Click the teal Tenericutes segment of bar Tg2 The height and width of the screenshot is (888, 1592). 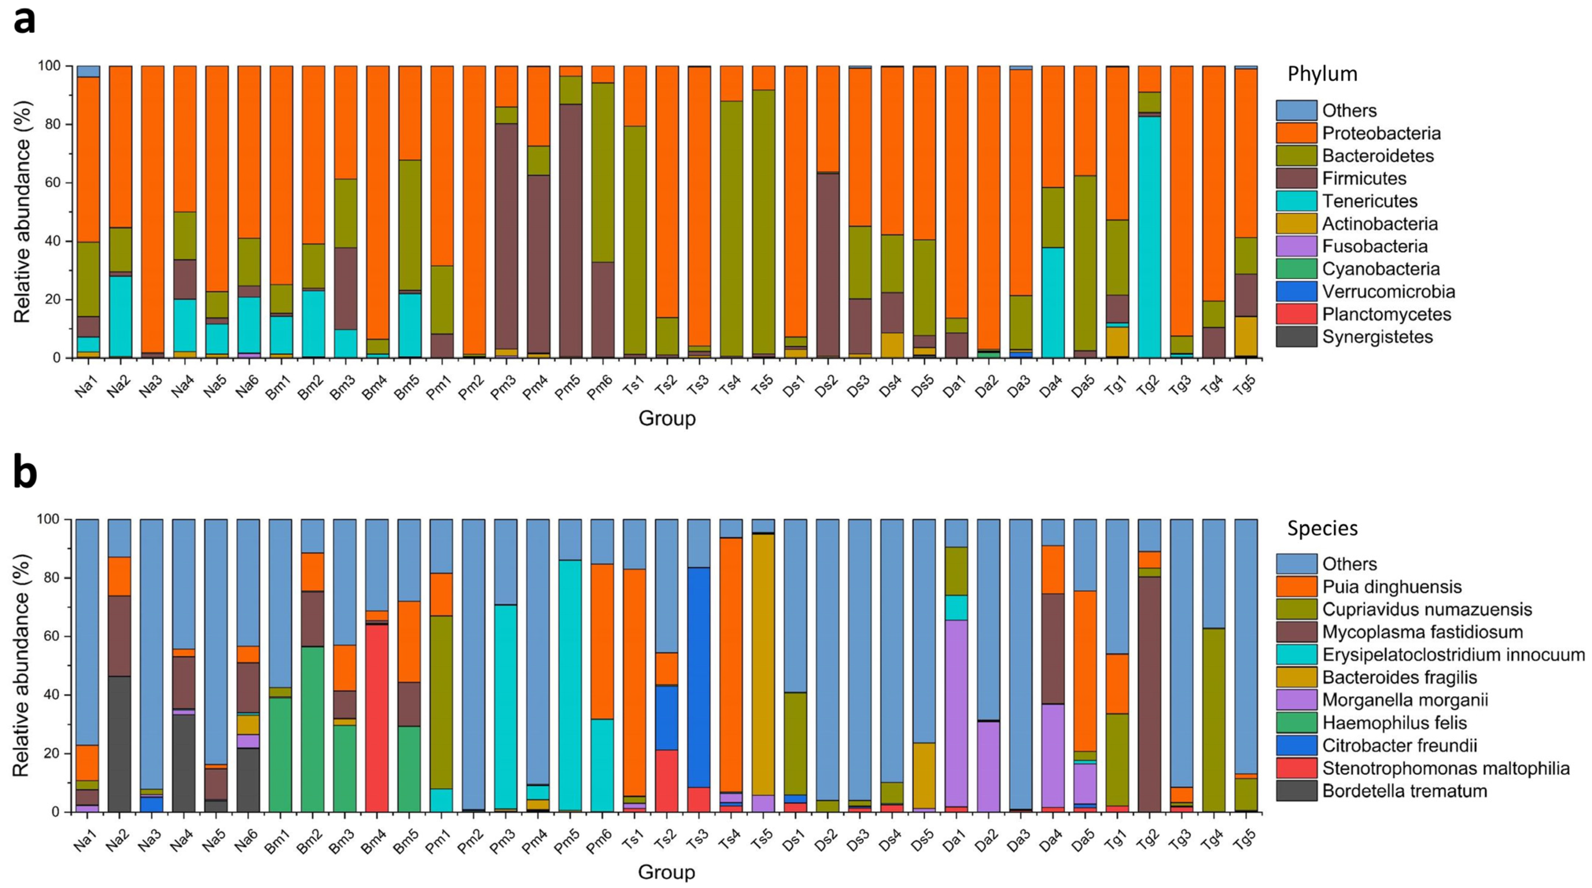click(x=1148, y=235)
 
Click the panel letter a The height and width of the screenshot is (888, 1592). click(x=25, y=21)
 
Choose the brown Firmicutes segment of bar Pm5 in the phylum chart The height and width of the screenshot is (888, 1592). click(x=569, y=229)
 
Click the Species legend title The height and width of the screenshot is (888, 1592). click(x=1323, y=529)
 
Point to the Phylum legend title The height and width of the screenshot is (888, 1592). click(x=1323, y=74)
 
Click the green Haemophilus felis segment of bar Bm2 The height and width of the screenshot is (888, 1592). click(x=312, y=730)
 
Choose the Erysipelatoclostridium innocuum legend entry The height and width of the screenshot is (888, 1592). click(x=1452, y=655)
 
